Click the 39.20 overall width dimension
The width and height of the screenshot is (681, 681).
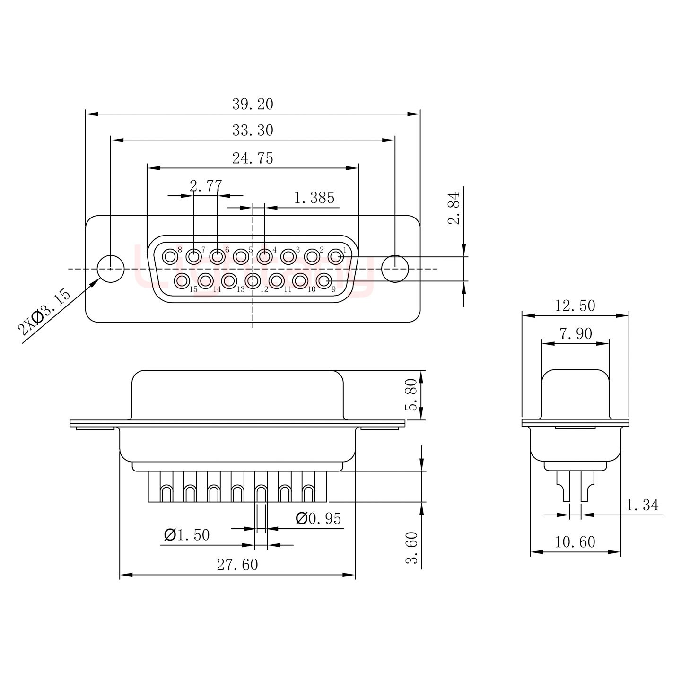(x=253, y=105)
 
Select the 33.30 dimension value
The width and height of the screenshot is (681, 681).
(x=253, y=131)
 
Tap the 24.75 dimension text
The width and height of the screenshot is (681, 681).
(x=253, y=158)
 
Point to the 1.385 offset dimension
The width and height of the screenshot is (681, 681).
(x=314, y=198)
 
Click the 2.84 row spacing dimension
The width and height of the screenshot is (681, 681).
(x=454, y=209)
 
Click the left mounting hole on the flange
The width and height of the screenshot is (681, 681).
(x=111, y=269)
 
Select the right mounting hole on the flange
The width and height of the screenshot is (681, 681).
(x=395, y=269)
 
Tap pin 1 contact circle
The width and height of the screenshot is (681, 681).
(x=335, y=257)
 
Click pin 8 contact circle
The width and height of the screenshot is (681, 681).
(x=169, y=257)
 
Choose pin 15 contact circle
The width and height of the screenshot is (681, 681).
(x=182, y=281)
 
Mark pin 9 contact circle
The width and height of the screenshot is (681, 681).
(x=323, y=281)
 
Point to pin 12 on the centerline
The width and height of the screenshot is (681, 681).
(x=253, y=281)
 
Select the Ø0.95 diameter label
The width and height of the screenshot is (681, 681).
(x=318, y=519)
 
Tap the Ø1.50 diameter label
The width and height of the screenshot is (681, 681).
(x=186, y=535)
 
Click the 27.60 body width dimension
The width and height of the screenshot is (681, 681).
(x=237, y=565)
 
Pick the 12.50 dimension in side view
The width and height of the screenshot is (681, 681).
(x=575, y=306)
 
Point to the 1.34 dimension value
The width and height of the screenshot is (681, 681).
(x=642, y=505)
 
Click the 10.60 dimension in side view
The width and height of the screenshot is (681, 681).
(x=575, y=542)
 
